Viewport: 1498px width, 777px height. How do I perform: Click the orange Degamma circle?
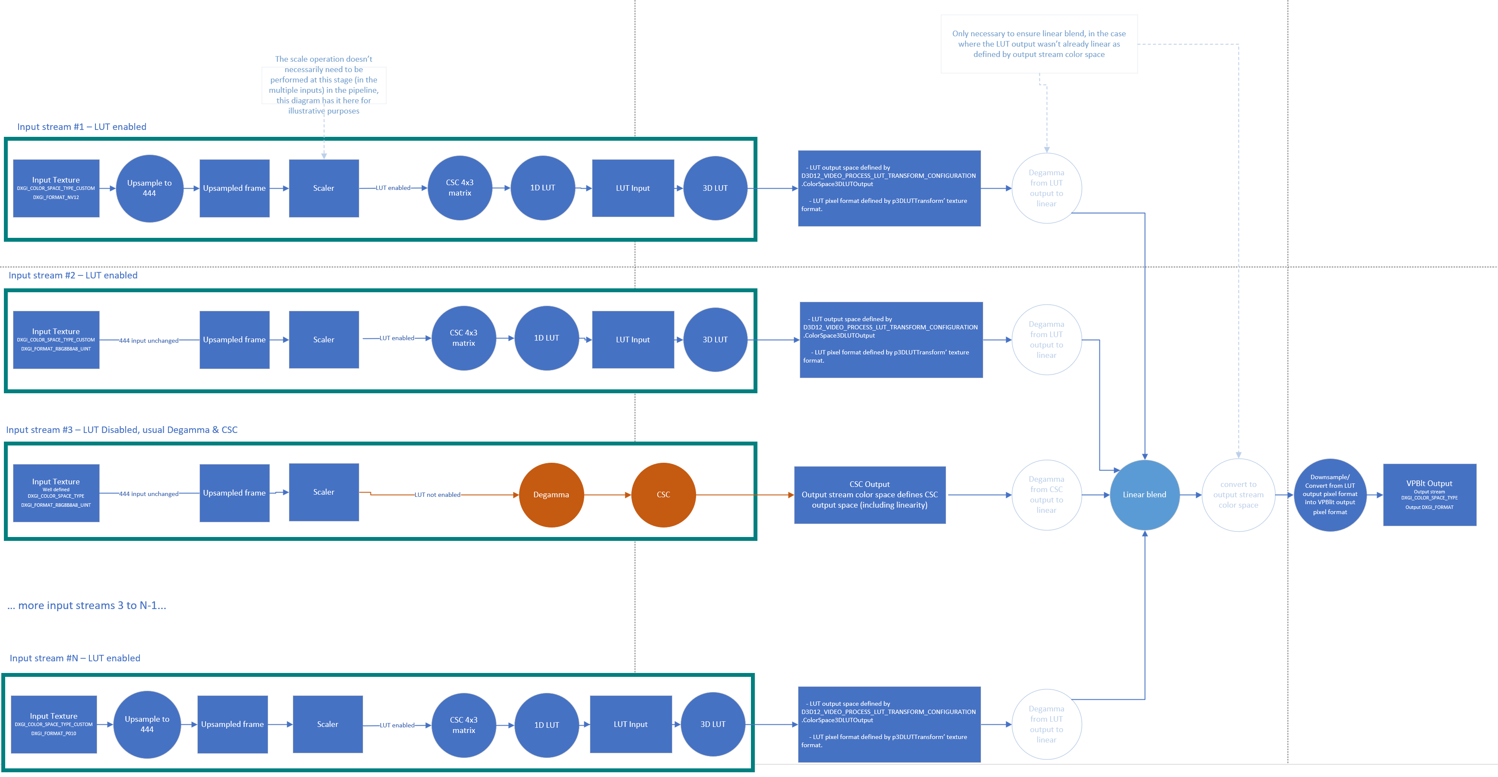point(551,495)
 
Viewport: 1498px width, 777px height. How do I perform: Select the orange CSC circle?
point(663,495)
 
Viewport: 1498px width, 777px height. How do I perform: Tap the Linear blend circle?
point(1144,495)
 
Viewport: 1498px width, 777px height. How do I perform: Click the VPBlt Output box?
point(1429,495)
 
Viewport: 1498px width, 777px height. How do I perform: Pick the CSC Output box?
point(869,495)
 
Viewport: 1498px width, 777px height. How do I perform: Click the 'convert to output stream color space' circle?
point(1238,495)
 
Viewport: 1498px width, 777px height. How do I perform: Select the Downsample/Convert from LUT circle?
point(1329,495)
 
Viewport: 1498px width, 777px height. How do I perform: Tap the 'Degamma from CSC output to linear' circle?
point(1046,495)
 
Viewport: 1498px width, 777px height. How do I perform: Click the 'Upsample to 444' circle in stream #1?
point(149,188)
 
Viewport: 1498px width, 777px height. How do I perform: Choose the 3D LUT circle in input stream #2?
point(715,339)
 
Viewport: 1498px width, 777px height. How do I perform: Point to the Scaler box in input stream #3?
point(323,492)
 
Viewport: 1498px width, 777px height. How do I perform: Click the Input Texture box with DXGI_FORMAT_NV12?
point(56,188)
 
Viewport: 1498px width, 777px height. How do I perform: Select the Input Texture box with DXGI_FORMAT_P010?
point(54,724)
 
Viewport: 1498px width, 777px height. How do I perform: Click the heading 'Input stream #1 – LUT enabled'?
point(82,126)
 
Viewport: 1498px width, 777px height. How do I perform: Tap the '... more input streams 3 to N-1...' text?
point(87,606)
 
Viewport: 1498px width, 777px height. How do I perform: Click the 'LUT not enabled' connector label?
point(437,495)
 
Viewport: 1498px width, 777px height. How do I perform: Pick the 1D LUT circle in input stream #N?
point(546,725)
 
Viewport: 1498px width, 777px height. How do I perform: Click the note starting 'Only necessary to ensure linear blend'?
point(1039,44)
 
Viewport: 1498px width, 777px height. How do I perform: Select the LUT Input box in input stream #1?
point(633,188)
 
